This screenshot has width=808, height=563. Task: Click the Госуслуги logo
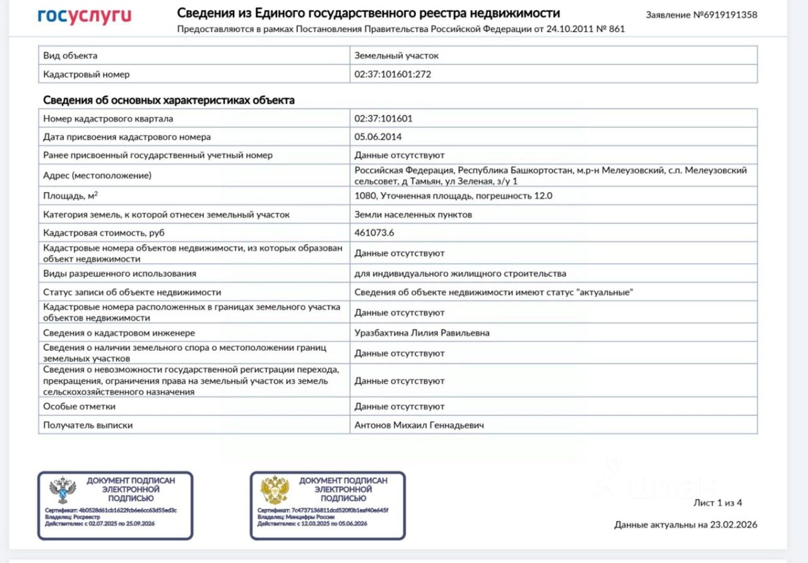84,16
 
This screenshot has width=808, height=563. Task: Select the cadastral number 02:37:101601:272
393,74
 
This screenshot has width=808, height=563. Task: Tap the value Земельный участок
396,56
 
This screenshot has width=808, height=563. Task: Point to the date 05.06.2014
378,136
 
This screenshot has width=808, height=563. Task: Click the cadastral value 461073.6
374,232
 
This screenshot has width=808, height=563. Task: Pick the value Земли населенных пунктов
413,215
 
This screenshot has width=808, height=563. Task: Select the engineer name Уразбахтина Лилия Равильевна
422,333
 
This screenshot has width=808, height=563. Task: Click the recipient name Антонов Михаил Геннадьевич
419,425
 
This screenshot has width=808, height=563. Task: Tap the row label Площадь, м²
70,196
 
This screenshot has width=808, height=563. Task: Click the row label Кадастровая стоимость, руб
104,233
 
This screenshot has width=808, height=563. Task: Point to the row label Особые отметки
80,406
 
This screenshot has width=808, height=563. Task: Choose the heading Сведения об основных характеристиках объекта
169,100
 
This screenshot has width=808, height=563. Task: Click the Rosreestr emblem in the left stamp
62,490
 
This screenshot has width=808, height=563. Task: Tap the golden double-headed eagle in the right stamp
275,490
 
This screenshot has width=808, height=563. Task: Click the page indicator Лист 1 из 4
718,503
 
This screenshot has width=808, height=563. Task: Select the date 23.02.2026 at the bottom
733,524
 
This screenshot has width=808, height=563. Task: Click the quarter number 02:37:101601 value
383,118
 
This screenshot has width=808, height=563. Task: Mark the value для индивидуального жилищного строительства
460,273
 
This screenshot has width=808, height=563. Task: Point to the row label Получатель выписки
88,425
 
